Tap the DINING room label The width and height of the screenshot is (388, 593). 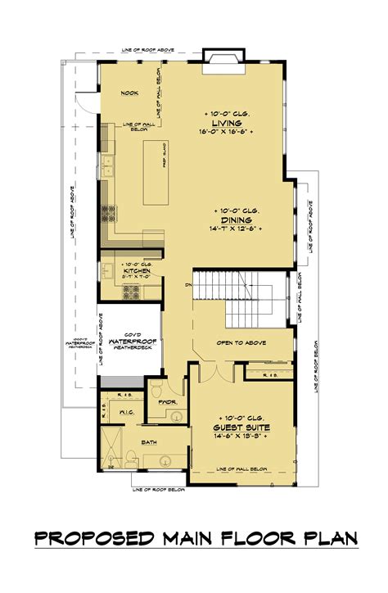(x=235, y=219)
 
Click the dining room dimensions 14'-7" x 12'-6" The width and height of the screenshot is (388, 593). (x=235, y=229)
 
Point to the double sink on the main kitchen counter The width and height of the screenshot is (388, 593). (x=108, y=170)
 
